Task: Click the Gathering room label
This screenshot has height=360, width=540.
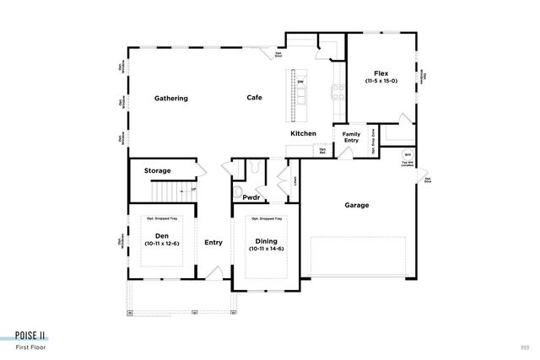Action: point(170,99)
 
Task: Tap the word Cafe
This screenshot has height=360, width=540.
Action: point(254,98)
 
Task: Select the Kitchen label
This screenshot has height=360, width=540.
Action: point(303,134)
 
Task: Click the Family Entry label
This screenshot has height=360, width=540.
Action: point(351,137)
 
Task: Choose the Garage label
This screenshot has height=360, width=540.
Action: point(357,205)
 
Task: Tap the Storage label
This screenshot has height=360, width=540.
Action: point(157,171)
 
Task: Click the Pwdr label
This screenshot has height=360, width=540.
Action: point(251,197)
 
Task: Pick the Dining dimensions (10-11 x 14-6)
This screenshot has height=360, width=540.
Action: point(267,249)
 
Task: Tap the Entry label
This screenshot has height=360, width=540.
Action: point(213,243)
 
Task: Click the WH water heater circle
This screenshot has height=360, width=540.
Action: point(407,154)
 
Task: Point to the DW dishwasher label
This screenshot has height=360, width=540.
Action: point(300,82)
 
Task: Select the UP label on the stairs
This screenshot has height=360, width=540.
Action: point(193,190)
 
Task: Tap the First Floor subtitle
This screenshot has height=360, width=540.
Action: point(31,347)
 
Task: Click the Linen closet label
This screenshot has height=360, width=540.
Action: point(295,180)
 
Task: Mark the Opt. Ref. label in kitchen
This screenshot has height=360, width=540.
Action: point(322,152)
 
